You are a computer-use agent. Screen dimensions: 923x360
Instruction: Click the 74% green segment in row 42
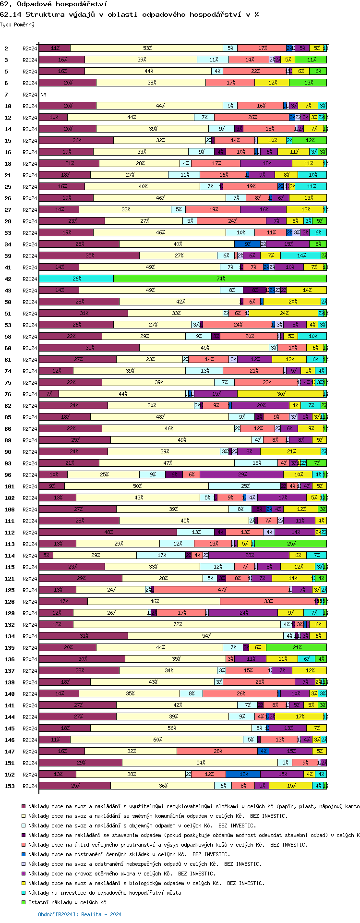pos(220,279)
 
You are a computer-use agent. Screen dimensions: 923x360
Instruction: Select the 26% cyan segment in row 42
pos(76,279)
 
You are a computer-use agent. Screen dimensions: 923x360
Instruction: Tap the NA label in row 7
pos(44,95)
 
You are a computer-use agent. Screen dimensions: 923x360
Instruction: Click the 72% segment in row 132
pos(177,625)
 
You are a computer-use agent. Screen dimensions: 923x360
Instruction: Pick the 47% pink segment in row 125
pos(222,590)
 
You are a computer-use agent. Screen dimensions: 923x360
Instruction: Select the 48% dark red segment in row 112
pos(108,533)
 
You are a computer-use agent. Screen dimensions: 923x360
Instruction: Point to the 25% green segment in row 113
pos(291,544)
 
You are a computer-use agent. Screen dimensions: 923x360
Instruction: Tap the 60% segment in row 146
pos(157,740)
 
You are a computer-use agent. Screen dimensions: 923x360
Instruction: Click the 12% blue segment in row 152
pos(243,775)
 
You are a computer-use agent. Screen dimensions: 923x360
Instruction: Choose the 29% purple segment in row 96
pos(242,475)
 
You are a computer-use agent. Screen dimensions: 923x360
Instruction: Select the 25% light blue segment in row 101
pos(245,486)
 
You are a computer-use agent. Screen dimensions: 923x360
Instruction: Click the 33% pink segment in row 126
pos(268,602)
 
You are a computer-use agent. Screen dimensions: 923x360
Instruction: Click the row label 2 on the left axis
pos(6,49)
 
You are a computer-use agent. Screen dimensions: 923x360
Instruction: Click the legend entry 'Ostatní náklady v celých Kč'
pos(67,902)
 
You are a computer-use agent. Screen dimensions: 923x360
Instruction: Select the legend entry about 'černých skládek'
pos(129,854)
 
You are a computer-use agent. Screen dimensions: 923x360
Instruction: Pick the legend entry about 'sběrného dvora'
pos(122,874)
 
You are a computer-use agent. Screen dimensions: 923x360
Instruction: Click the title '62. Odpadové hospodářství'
pos(54,4)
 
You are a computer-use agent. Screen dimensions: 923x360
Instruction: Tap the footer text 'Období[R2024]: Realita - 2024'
pos(80,914)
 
